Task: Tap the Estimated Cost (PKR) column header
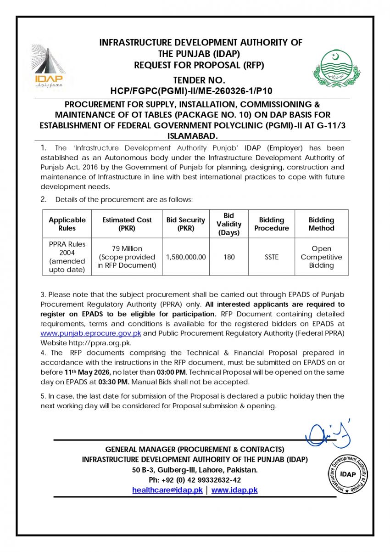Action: [x=127, y=224]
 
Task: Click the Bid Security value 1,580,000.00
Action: [x=186, y=257]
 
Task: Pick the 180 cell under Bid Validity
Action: [x=229, y=257]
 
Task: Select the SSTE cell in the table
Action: [x=272, y=257]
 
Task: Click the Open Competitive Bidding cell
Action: [x=321, y=257]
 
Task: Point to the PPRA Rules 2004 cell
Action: [x=67, y=257]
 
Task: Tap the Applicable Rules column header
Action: [x=67, y=224]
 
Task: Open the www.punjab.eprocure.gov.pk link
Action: [x=91, y=333]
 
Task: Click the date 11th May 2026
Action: [x=88, y=372]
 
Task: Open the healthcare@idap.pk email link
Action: [x=167, y=490]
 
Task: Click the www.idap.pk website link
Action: [x=234, y=490]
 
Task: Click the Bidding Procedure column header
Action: [x=272, y=224]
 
